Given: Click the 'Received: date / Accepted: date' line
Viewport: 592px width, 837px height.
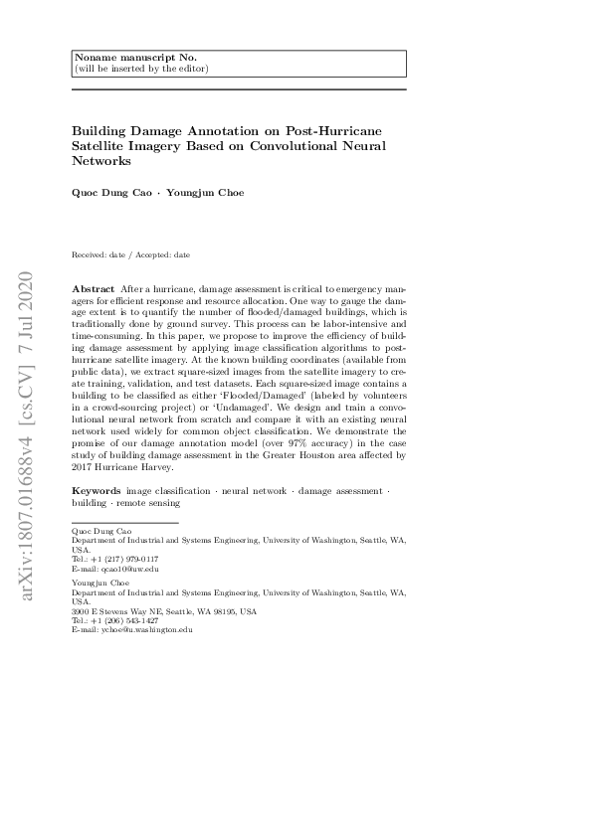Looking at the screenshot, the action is [x=132, y=254].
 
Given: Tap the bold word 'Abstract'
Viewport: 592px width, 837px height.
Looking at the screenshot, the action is [x=94, y=287].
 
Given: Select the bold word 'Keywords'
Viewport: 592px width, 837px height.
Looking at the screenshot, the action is [x=97, y=491].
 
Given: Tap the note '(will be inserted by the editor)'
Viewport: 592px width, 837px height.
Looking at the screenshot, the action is [x=141, y=69].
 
